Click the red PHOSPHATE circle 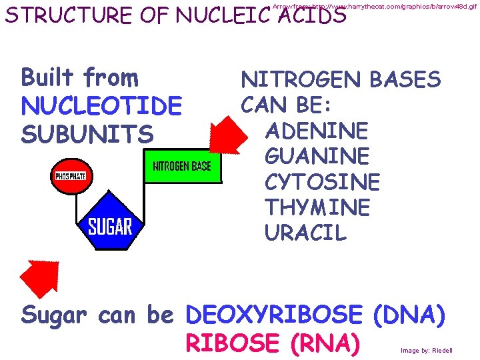tap(73, 177)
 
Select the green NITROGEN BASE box tap(181, 166)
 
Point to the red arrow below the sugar tap(39, 277)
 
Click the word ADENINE tap(316, 130)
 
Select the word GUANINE tap(317, 156)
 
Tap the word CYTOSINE tap(322, 182)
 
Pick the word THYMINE tap(317, 207)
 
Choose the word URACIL tap(305, 233)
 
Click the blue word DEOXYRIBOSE tap(275, 315)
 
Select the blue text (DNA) tap(409, 315)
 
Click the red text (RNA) tap(325, 343)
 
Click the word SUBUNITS tap(87, 134)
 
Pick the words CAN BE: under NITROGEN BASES tap(291, 105)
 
